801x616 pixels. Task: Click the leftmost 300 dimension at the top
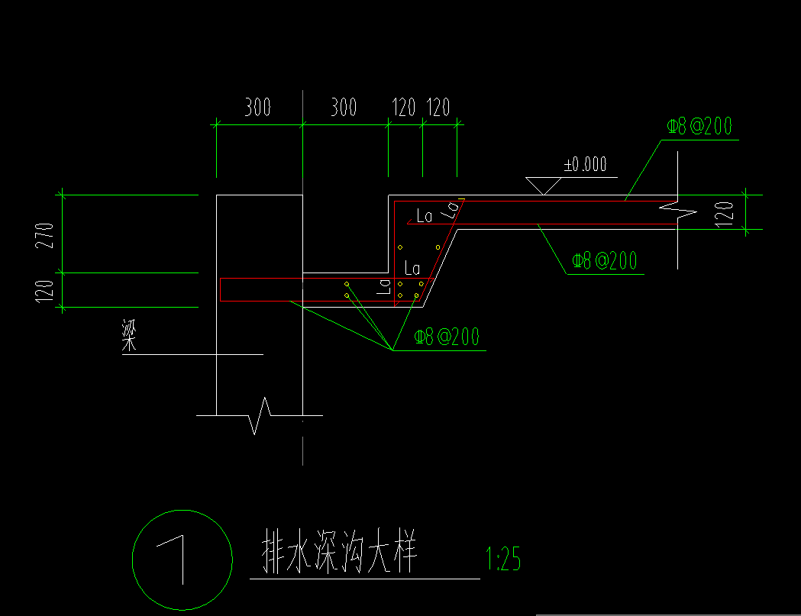(x=257, y=108)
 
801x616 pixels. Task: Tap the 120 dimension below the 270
(x=47, y=290)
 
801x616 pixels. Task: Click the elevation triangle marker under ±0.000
(x=544, y=185)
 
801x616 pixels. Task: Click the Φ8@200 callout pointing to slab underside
(x=604, y=261)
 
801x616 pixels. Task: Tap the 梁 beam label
(x=129, y=337)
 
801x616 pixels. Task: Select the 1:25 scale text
(x=503, y=561)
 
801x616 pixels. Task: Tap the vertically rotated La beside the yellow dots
(x=384, y=286)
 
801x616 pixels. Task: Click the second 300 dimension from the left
(x=343, y=108)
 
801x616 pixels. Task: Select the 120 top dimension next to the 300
(x=404, y=108)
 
